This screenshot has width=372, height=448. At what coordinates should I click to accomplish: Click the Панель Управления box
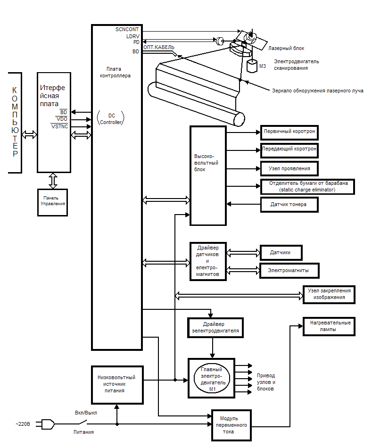point(52,202)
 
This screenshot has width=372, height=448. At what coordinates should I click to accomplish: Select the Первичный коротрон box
point(289,132)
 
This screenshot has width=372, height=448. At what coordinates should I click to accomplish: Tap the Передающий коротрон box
point(289,150)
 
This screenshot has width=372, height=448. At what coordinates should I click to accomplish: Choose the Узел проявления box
point(289,168)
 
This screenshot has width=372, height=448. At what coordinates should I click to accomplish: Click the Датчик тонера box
point(289,204)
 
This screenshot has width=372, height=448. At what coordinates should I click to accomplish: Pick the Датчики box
point(281,253)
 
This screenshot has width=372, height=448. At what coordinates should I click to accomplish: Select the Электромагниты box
point(289,270)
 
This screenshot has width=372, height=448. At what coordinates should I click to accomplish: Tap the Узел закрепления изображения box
point(329,294)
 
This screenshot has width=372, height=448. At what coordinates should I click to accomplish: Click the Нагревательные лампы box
point(329,326)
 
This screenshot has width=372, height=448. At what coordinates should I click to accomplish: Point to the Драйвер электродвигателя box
point(215,327)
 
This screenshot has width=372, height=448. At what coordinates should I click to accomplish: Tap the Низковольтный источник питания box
point(116,384)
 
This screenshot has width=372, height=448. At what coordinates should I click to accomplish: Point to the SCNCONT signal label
point(127,29)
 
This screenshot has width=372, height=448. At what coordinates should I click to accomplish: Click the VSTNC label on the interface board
point(59,126)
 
